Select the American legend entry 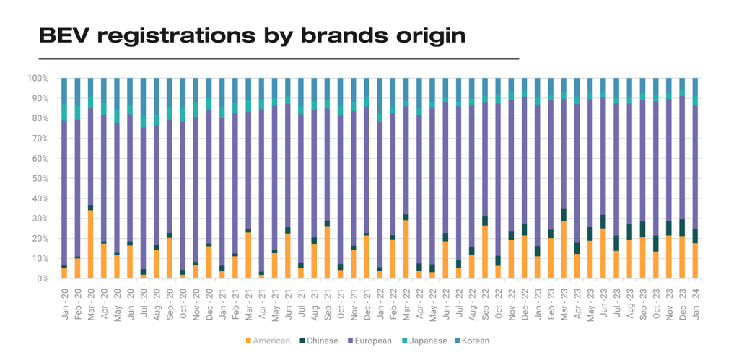(269, 341)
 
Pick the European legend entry (371, 341)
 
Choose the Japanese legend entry (426, 341)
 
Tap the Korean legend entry (475, 341)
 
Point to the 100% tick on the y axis (38, 78)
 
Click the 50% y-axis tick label (40, 178)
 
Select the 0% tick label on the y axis (43, 278)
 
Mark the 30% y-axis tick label (40, 219)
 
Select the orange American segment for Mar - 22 (406, 250)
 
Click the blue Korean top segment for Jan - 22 (380, 94)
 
